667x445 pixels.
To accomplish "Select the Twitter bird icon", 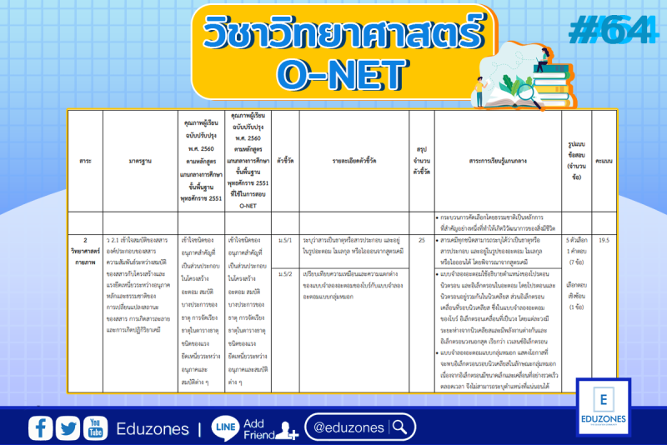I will point(68,427).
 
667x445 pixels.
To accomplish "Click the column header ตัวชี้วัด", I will point(285,161).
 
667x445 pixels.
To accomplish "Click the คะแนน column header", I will point(604,161).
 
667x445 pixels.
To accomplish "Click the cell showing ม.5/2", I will point(285,273).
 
